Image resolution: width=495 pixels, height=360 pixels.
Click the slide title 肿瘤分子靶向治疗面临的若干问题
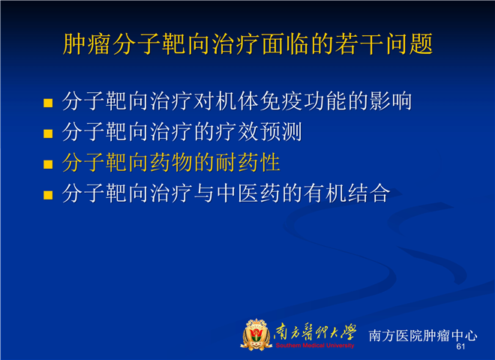coord(247,44)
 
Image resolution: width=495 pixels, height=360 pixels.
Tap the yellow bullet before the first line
coord(48,103)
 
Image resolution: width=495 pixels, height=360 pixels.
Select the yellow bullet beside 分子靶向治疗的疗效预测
coord(48,133)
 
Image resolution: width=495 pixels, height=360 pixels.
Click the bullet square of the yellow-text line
coord(48,164)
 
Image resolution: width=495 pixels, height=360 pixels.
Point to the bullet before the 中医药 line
coord(48,195)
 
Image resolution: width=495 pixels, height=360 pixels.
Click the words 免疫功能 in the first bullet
coord(304,101)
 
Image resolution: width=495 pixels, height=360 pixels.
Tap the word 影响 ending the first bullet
coord(390,101)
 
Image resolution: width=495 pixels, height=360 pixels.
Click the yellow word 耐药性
coord(248,162)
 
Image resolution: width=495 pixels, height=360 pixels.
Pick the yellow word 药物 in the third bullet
coord(171,162)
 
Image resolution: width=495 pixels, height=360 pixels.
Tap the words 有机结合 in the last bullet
coord(347,193)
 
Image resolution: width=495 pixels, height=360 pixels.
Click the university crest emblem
coord(256,334)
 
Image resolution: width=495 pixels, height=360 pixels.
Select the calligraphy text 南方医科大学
coord(315,333)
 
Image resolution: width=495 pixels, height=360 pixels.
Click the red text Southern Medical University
coord(315,346)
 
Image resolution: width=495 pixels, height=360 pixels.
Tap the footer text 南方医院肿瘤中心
coord(423,335)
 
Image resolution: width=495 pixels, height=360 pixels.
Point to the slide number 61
coord(460,346)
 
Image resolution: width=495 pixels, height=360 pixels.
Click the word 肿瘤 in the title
coord(85,44)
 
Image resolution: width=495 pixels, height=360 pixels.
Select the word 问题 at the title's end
coord(409,44)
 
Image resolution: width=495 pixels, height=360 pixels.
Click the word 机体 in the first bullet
coord(237,101)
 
